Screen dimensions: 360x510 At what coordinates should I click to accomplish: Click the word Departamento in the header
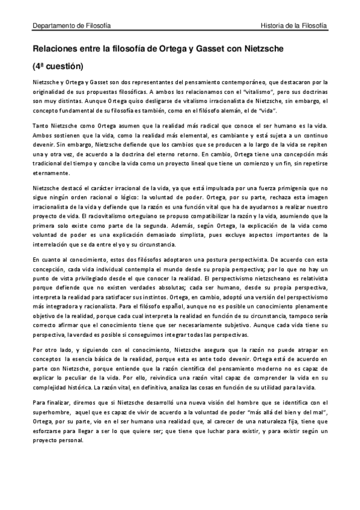coord(53,26)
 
